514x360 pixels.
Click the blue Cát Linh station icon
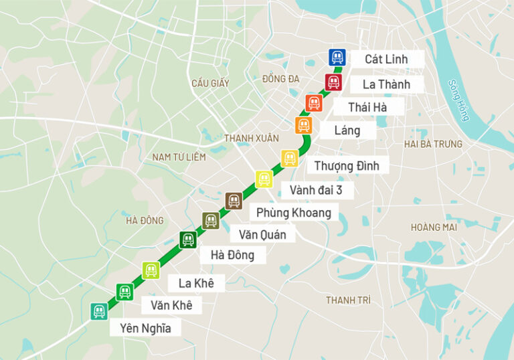337,57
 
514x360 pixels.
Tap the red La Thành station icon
333,83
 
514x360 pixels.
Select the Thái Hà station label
367,106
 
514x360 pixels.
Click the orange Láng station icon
304,125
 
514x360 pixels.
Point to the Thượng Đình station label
347,165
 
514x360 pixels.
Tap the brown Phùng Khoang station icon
234,201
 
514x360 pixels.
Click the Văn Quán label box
262,234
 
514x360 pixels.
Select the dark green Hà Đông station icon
188,240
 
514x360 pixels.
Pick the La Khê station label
196,283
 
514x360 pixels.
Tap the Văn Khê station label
171,305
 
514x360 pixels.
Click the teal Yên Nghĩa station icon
99,311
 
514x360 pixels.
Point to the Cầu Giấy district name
209,84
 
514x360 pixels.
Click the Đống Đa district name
280,79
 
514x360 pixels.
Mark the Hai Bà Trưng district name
433,144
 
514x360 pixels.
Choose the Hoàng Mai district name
434,228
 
